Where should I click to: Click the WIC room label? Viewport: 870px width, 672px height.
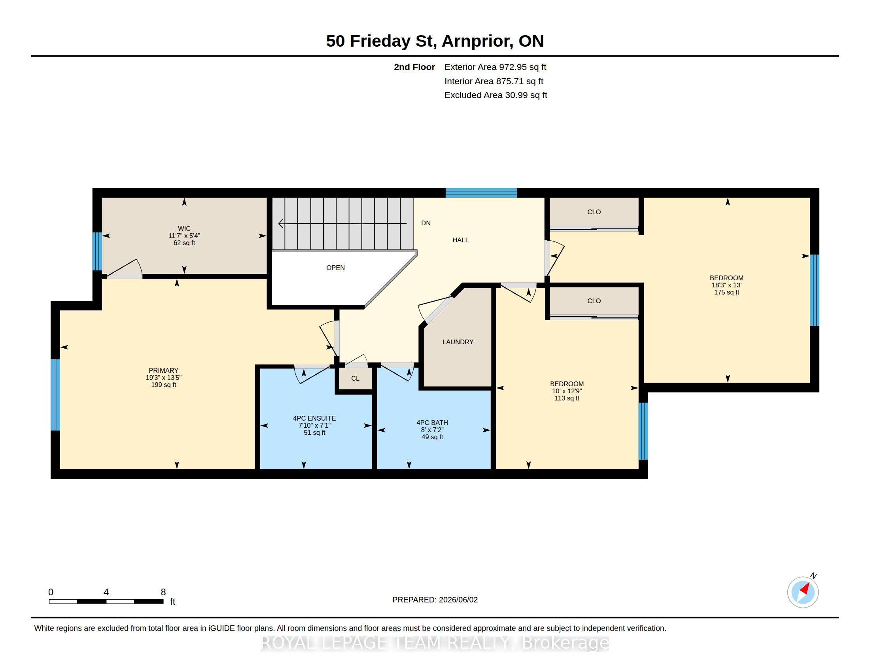[x=184, y=228]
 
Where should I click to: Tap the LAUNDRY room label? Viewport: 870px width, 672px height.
[x=458, y=342]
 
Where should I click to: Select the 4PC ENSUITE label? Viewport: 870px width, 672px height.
[x=314, y=418]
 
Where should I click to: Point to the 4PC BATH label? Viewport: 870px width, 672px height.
[x=432, y=423]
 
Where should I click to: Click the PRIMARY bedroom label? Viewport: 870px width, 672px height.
[x=163, y=371]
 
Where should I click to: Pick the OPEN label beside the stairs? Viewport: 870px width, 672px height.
[x=335, y=268]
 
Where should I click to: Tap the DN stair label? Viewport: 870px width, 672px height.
[x=426, y=223]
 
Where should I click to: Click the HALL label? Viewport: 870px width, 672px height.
[x=460, y=240]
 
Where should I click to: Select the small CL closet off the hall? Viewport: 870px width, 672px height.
[x=356, y=379]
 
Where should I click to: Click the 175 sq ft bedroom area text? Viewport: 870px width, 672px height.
[x=726, y=293]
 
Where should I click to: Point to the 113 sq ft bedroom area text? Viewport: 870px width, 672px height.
[x=567, y=398]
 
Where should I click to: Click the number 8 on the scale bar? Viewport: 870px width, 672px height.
[x=163, y=592]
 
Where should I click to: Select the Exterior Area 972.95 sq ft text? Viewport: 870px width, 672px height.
[x=495, y=67]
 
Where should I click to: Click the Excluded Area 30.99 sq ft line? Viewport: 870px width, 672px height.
[x=496, y=95]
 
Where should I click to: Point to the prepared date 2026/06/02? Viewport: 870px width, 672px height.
[x=458, y=600]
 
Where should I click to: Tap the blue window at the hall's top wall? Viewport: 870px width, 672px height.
[x=481, y=193]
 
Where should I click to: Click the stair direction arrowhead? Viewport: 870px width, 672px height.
[x=281, y=224]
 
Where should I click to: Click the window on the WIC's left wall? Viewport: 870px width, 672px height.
[x=97, y=251]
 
